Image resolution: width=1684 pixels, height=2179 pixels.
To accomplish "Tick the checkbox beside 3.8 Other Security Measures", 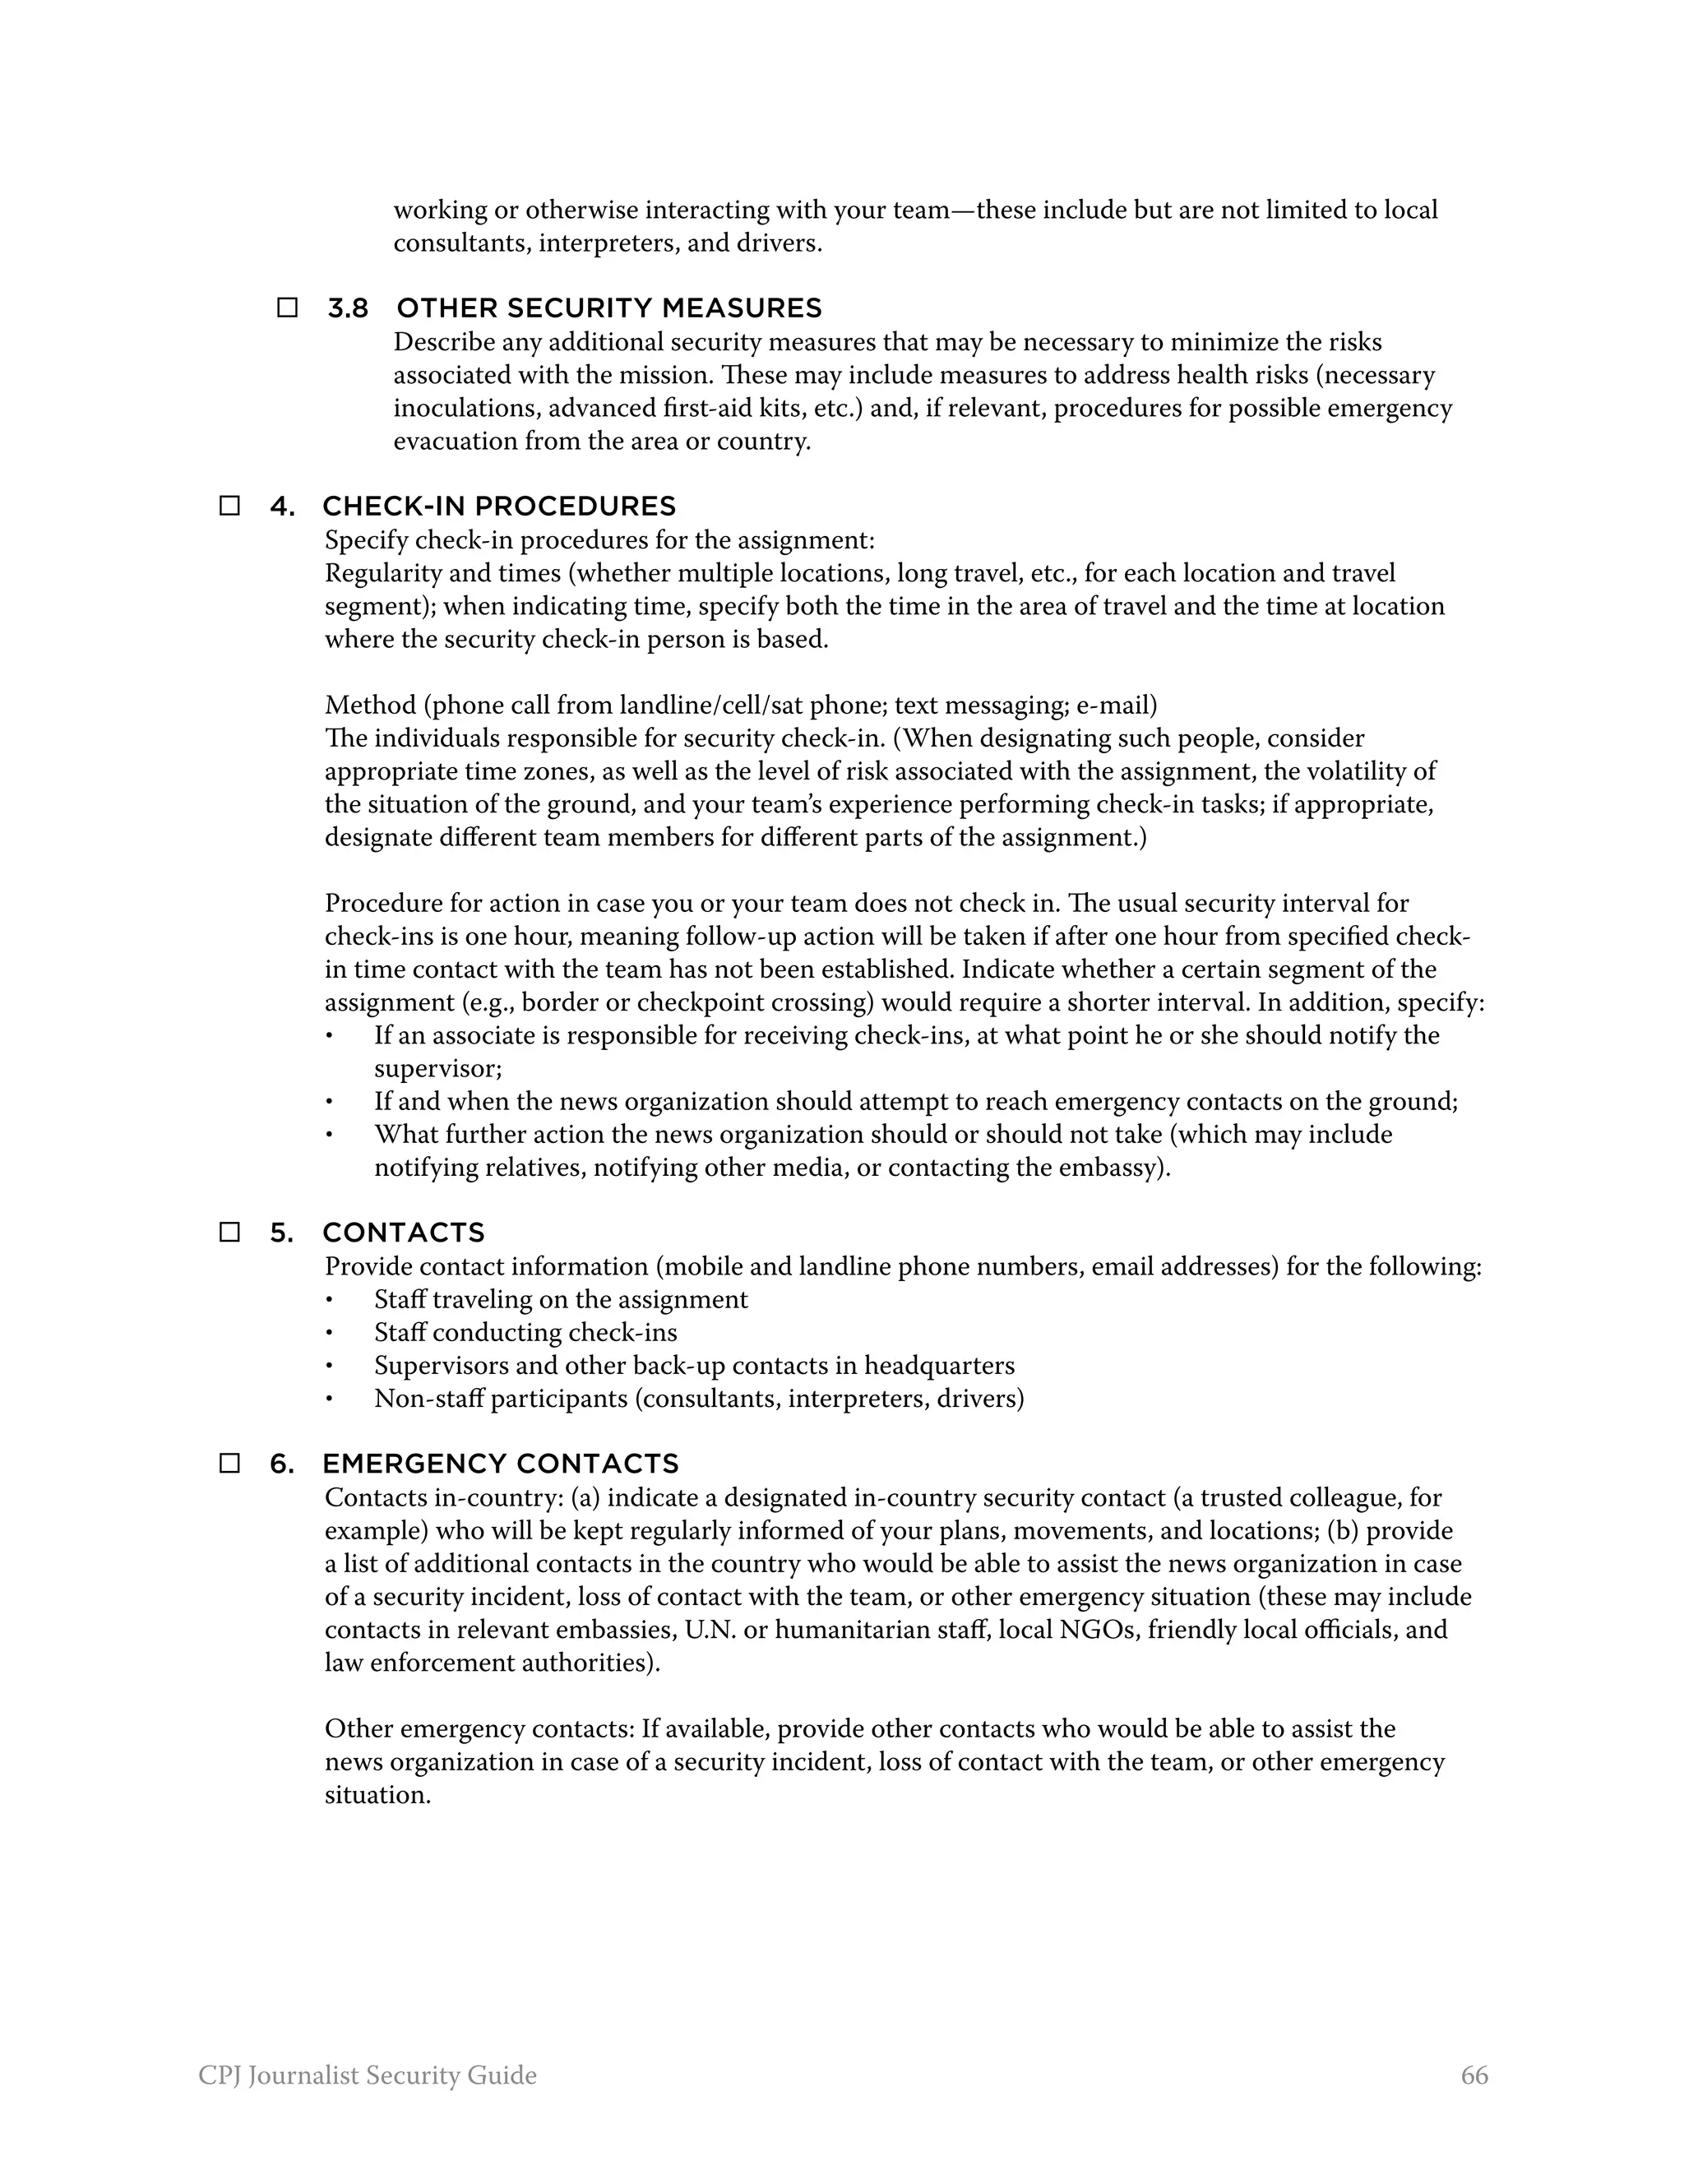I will click(x=287, y=308).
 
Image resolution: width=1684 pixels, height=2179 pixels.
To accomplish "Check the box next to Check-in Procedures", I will click(x=229, y=506).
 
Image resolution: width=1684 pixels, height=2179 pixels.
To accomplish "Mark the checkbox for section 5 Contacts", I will click(x=229, y=1233).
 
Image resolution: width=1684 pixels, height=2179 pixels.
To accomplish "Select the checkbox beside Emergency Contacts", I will click(x=229, y=1464).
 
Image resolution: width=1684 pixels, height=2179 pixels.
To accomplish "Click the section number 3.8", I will click(x=347, y=308).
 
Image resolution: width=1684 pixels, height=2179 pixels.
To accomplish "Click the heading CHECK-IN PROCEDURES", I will click(x=499, y=507).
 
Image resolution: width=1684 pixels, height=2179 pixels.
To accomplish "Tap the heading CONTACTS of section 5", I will click(x=403, y=1233).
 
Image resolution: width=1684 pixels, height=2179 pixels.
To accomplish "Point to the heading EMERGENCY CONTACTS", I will click(x=500, y=1464).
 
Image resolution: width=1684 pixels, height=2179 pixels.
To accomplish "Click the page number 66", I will click(x=1473, y=2076).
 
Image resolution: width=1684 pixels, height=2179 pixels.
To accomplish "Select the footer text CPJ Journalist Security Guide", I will click(x=367, y=2076).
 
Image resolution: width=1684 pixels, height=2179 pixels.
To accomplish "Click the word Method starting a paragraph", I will click(x=370, y=706).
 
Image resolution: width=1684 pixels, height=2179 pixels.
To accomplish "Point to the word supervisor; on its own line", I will click(x=437, y=1069).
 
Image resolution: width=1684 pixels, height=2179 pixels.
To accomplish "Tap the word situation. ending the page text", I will click(x=377, y=1795).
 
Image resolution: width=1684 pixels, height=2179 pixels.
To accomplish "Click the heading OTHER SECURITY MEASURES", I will click(x=608, y=308).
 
